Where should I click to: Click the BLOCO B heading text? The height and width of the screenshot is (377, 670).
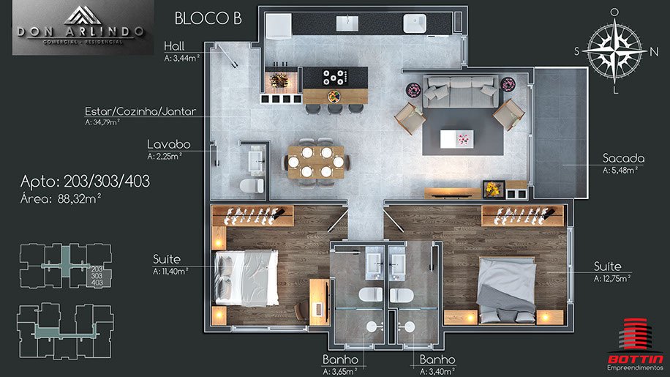point(208,18)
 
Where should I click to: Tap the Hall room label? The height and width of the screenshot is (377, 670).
point(174,46)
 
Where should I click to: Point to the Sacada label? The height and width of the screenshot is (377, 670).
point(623,158)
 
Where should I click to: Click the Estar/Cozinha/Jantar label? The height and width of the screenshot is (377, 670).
point(140,111)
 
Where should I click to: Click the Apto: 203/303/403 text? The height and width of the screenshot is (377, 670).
point(85,182)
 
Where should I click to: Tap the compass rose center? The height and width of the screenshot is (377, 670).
point(614,51)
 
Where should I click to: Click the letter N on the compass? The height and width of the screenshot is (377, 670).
point(654,52)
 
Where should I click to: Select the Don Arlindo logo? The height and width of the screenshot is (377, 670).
point(83,28)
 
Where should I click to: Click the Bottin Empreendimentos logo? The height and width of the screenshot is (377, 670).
point(636,345)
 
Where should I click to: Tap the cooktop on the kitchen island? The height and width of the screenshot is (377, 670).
point(336,78)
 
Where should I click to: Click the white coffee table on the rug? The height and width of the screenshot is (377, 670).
point(456,139)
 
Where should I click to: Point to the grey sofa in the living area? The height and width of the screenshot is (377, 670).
point(461,92)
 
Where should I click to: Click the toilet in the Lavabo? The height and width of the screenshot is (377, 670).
point(252,185)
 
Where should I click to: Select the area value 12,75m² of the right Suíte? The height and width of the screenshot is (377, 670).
point(612,279)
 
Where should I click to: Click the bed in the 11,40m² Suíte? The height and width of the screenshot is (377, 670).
point(246,277)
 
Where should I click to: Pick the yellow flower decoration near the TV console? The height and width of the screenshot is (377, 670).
point(494,189)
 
